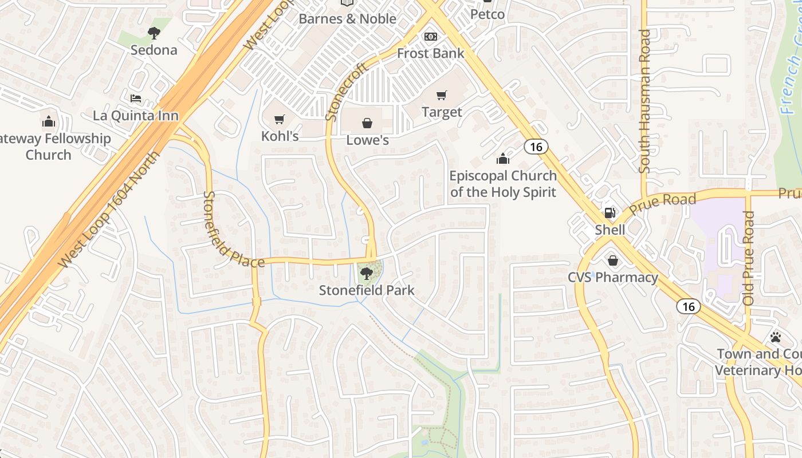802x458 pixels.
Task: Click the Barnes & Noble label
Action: [x=347, y=19]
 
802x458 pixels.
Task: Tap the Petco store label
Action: [x=487, y=14]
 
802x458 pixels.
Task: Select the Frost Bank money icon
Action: [x=430, y=37]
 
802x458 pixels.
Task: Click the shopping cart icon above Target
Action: [x=441, y=95]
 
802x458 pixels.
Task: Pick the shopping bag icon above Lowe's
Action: [x=367, y=123]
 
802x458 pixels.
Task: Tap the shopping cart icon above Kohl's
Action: [x=280, y=120]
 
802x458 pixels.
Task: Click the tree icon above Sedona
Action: [x=154, y=33]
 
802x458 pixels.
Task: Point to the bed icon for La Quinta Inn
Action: [x=136, y=98]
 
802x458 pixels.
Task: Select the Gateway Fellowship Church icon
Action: [x=49, y=121]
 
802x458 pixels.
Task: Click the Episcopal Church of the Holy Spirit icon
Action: [x=502, y=158]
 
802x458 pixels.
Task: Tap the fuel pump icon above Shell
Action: [x=610, y=213]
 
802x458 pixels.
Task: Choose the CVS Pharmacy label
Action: [x=612, y=278]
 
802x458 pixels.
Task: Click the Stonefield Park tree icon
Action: [x=367, y=273]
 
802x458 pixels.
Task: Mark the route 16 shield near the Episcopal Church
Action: [x=536, y=147]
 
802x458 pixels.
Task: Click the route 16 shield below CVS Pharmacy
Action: [x=688, y=306]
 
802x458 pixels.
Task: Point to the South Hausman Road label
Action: [x=644, y=101]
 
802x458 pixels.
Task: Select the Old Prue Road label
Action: [x=748, y=258]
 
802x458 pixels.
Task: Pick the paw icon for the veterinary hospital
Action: [x=775, y=337]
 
